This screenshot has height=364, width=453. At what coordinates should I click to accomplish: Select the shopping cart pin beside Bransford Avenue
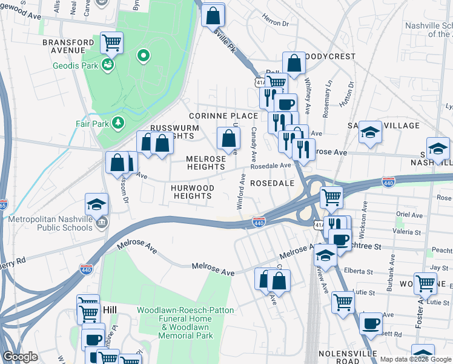tap(111, 42)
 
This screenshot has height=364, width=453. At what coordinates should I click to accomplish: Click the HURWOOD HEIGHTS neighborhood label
tap(192, 192)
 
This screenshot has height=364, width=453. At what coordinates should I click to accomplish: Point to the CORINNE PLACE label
tap(223, 115)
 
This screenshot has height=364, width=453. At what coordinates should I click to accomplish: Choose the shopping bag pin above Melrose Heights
tap(228, 139)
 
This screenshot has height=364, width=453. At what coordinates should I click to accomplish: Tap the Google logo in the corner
tap(20, 357)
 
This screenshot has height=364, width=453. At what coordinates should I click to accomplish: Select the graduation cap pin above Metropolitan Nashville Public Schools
tap(96, 205)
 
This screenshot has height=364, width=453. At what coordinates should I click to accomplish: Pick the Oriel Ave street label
tap(408, 215)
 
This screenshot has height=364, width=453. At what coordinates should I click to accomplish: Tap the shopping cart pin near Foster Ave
tap(426, 283)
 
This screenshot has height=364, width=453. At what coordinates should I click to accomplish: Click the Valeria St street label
tap(407, 232)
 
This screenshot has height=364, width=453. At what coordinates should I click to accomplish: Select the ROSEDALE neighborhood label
tap(272, 183)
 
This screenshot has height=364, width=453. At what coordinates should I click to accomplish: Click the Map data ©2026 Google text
tap(415, 359)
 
